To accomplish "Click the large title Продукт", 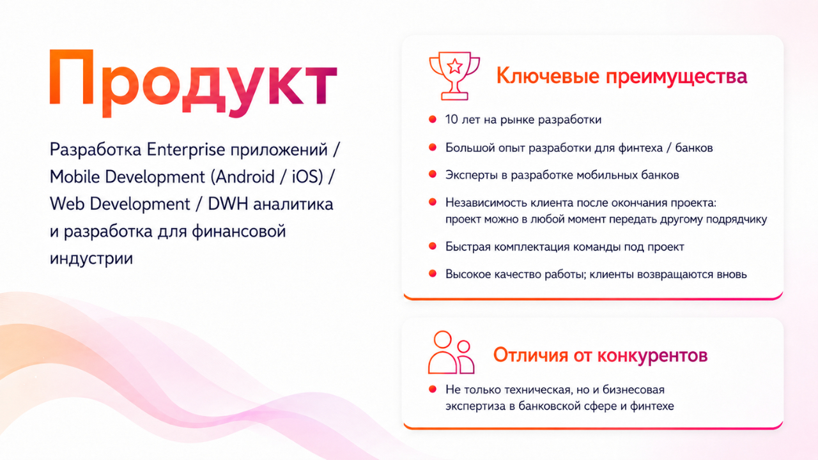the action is (x=193, y=82).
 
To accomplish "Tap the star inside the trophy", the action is (x=454, y=66).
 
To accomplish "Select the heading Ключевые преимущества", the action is (x=622, y=77).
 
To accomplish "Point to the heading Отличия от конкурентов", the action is (x=600, y=355).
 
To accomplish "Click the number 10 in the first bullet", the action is (x=451, y=119).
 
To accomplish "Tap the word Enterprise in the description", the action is (x=186, y=150).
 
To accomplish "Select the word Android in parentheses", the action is (x=245, y=177).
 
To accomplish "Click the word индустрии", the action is (x=91, y=259).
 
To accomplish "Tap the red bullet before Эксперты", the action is (x=433, y=174).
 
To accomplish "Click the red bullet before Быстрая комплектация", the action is (x=433, y=246).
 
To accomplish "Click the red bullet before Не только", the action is (x=433, y=389).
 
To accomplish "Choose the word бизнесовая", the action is (x=633, y=390).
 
